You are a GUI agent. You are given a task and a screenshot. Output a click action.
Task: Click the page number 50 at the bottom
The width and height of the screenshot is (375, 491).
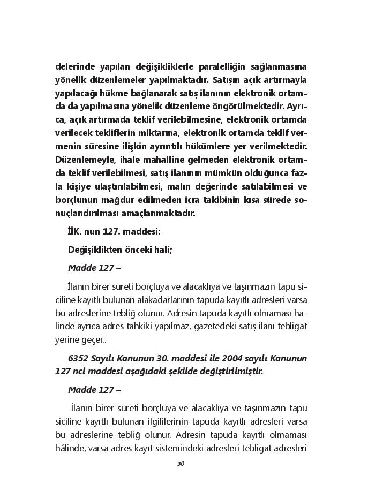click(x=181, y=464)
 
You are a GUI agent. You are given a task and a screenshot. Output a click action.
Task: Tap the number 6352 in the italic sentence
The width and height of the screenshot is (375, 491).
click(x=81, y=357)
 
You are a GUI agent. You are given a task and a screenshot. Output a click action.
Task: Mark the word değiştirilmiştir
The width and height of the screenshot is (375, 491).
click(x=227, y=371)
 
